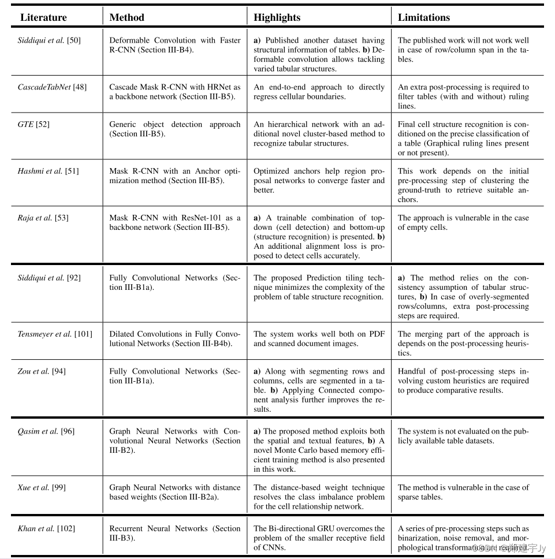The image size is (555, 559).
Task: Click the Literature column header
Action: point(43,17)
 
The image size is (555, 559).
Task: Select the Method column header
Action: point(126,17)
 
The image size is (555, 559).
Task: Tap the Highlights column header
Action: point(277,17)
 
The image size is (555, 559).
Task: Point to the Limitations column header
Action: point(424,17)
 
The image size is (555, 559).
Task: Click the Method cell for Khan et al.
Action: point(174,533)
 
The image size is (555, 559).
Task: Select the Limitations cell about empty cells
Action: point(463,222)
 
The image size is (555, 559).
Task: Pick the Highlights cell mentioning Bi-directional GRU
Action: point(319,538)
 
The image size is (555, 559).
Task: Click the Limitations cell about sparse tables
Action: point(463,492)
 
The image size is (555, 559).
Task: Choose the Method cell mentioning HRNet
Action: point(174,92)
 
